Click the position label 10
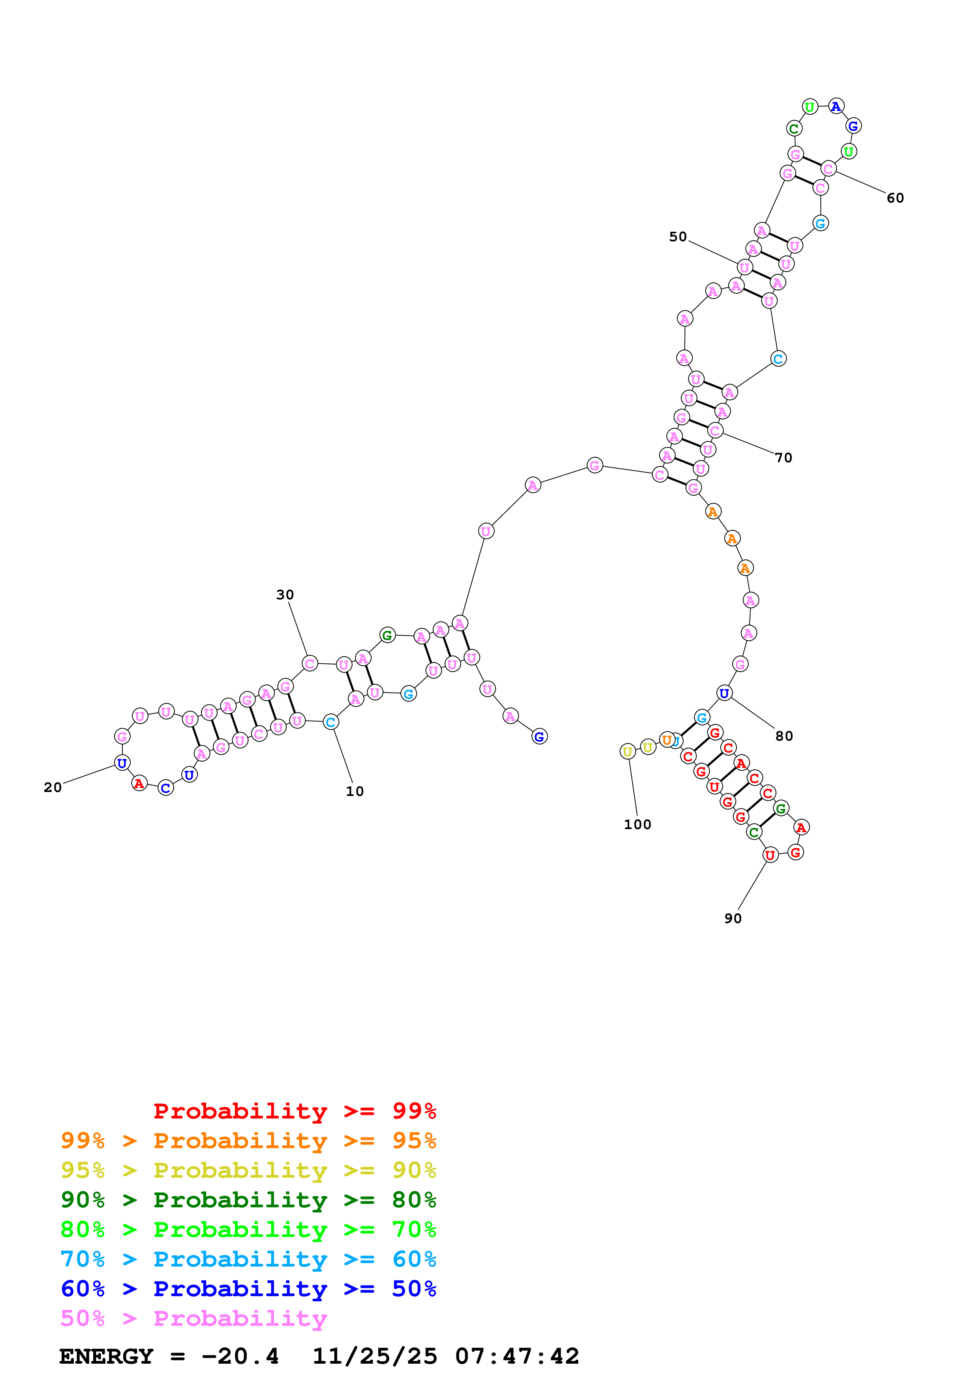click(x=355, y=792)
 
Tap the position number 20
click(x=53, y=787)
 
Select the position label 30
click(x=285, y=595)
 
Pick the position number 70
click(x=783, y=458)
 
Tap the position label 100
click(x=637, y=825)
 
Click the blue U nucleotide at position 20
click(x=122, y=763)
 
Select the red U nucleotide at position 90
click(x=770, y=855)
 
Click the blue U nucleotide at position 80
click(x=724, y=693)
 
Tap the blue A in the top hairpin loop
click(x=835, y=107)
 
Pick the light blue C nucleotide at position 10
click(x=331, y=722)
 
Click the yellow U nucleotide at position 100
click(x=628, y=752)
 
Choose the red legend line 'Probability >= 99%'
click(x=294, y=1111)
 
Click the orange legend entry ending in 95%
click(x=248, y=1141)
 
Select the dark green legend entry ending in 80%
click(x=248, y=1200)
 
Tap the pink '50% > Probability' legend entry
click(x=194, y=1319)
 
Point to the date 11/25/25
click(x=375, y=1357)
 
